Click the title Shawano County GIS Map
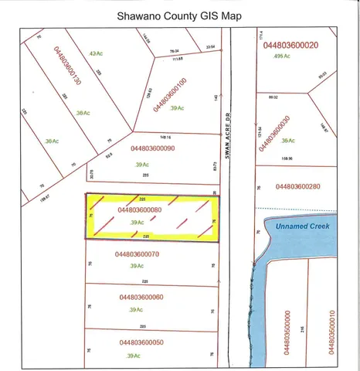click(179, 15)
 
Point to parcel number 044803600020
click(290, 45)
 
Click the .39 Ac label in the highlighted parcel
click(138, 223)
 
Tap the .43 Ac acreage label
click(96, 53)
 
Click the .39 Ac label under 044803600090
click(142, 164)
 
